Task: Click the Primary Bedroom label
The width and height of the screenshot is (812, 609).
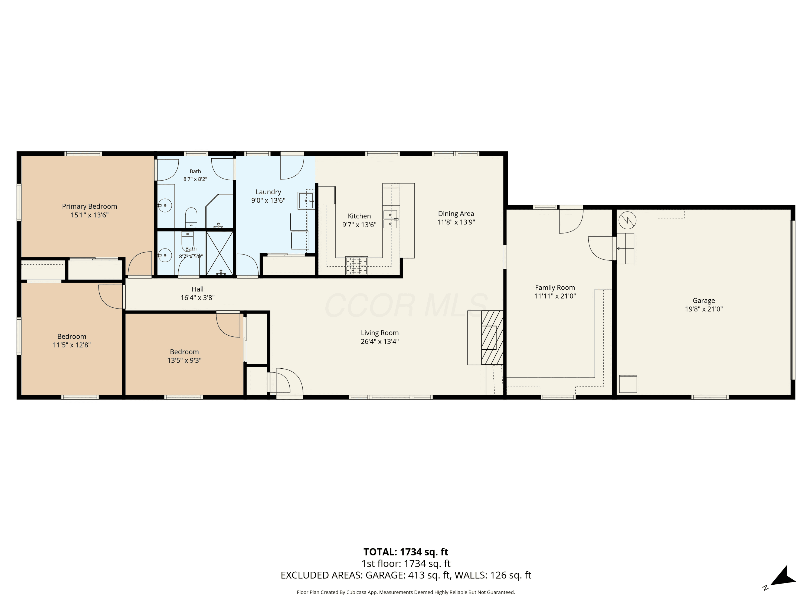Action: (x=90, y=206)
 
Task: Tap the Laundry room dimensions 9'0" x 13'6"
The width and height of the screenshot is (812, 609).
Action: (x=268, y=201)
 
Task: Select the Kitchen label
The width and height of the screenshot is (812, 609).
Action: (x=359, y=216)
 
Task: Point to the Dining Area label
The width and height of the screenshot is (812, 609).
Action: (x=456, y=214)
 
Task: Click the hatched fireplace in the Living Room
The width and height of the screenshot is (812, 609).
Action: (x=492, y=338)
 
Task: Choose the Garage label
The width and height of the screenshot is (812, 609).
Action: (x=704, y=301)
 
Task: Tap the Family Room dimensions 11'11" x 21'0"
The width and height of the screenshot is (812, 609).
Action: (x=555, y=296)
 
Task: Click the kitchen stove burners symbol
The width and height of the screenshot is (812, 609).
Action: (x=356, y=266)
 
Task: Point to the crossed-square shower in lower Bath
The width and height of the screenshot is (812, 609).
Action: (x=220, y=253)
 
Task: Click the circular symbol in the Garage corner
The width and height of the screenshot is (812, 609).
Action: (x=627, y=221)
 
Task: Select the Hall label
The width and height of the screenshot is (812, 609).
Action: (x=198, y=289)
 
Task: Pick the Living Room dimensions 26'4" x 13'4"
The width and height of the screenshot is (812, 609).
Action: (x=379, y=341)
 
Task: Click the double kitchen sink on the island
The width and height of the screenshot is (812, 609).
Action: (x=390, y=219)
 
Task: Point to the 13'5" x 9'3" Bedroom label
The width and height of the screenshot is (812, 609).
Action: (x=184, y=356)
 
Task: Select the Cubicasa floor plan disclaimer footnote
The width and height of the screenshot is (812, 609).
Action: (x=406, y=592)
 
